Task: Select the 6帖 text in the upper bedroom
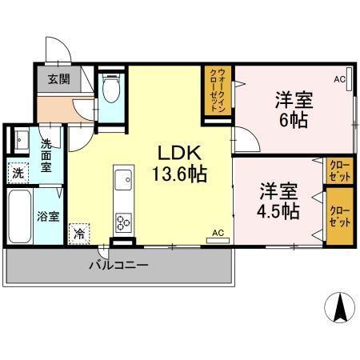tap(294, 122)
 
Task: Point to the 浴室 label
tap(50, 216)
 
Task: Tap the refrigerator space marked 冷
tap(79, 234)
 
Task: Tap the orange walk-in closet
tap(214, 92)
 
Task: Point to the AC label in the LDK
tap(217, 234)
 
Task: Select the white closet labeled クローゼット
tap(338, 170)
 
